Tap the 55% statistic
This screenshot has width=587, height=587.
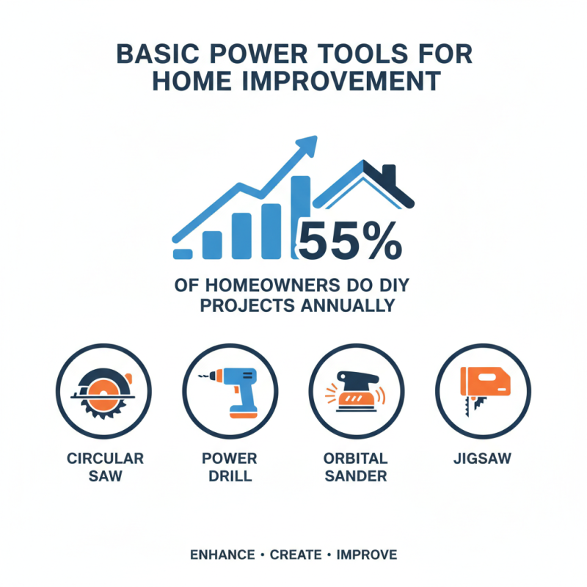tap(350, 240)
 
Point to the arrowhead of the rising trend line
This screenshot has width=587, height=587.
tap(308, 143)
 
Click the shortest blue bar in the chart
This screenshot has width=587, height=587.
tap(183, 253)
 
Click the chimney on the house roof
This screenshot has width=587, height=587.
tap(388, 177)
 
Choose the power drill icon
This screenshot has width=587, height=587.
tap(230, 393)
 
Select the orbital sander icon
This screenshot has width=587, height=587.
tap(356, 393)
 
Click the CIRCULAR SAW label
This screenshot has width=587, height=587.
tap(105, 467)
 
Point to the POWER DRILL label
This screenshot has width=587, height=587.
tap(230, 467)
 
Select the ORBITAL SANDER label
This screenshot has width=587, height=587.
tap(355, 467)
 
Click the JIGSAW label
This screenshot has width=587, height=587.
tap(482, 459)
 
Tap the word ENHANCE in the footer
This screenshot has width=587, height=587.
tap(221, 555)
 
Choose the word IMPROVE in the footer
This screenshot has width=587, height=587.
tap(367, 555)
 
